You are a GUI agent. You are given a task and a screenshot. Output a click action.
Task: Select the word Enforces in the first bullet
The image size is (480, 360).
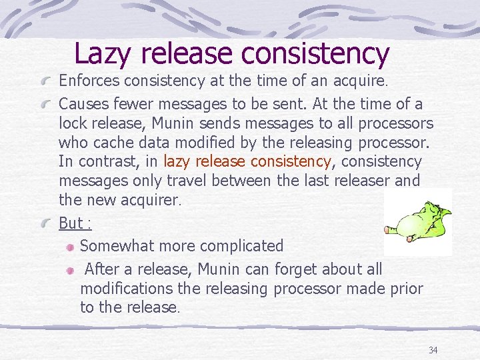[x=87, y=81]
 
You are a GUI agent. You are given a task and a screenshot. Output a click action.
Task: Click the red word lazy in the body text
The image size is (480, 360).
[x=177, y=161]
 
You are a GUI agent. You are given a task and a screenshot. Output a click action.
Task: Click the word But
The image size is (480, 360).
[x=71, y=223]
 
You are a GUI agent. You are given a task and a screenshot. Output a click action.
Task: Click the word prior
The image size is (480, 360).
[x=405, y=288]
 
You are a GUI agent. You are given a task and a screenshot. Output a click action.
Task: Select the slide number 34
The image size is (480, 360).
[x=433, y=350]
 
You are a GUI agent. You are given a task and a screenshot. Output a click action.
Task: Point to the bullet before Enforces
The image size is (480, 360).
[x=46, y=82]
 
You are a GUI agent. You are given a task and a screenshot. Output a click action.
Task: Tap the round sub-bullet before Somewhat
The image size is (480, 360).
[x=71, y=246]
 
